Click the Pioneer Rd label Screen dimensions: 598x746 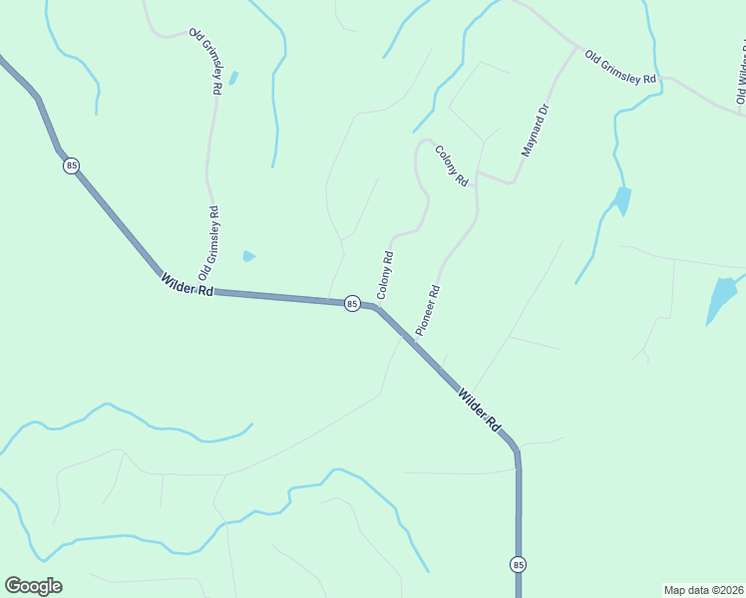[x=428, y=311]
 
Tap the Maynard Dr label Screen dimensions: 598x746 [x=536, y=131]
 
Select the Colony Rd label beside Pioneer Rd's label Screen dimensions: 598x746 [x=385, y=275]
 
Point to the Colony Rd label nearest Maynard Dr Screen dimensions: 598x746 [x=452, y=166]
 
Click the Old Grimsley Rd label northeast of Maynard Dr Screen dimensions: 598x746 [x=619, y=67]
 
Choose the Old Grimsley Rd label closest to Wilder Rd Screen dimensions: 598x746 [x=208, y=242]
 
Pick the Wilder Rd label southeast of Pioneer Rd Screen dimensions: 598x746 [x=479, y=409]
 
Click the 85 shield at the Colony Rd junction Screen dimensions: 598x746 [x=352, y=303]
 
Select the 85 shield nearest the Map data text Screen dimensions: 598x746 [x=518, y=565]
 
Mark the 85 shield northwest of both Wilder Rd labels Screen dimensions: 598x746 [x=71, y=165]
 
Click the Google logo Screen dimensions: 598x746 [x=33, y=586]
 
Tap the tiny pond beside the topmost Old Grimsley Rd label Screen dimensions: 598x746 [x=233, y=77]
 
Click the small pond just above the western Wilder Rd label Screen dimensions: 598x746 [x=248, y=256]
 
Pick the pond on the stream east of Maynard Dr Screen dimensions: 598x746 [x=622, y=199]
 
